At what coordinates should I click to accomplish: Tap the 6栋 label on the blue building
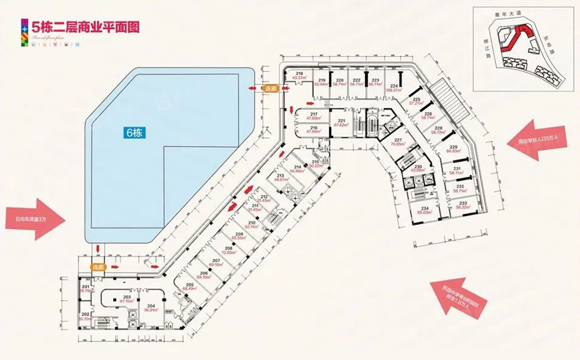click(x=135, y=132)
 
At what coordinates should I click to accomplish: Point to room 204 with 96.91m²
click(x=151, y=308)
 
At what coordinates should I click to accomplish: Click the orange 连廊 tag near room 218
click(x=271, y=89)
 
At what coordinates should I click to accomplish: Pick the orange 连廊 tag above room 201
click(x=97, y=267)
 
